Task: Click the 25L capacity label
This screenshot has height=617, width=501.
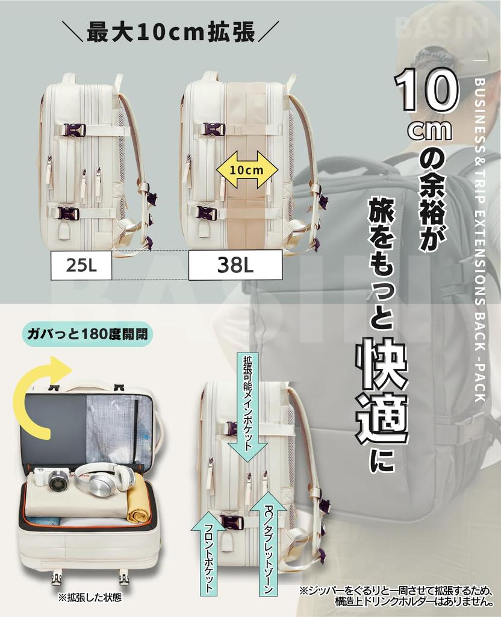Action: (81, 266)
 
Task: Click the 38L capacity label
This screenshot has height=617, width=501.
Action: (235, 266)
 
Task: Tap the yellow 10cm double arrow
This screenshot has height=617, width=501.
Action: (246, 170)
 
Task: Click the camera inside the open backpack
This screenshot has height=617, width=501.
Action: (54, 480)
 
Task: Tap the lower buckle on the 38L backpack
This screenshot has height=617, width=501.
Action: (206, 213)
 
